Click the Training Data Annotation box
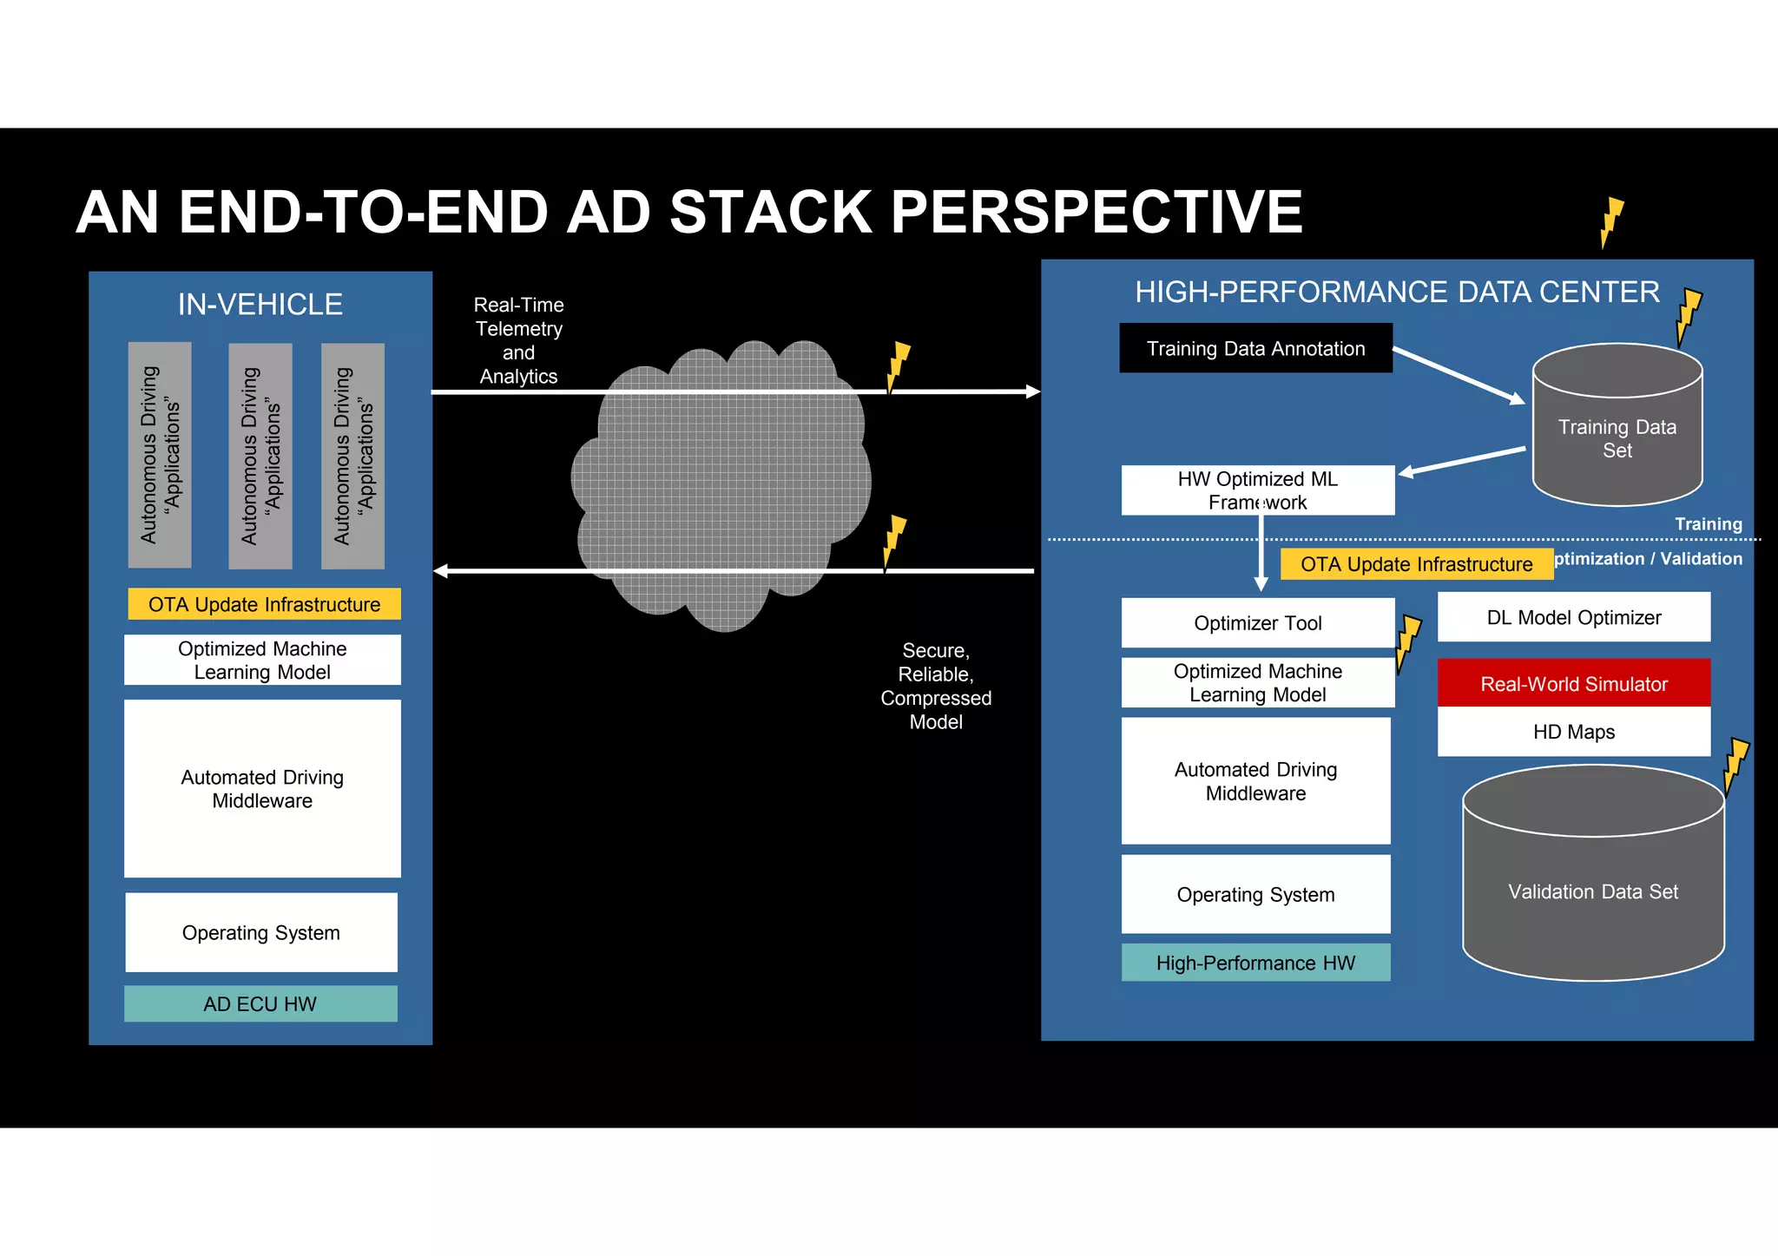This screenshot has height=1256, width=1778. click(1255, 348)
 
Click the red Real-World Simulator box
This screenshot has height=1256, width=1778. click(1573, 683)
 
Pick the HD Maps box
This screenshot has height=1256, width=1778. click(1573, 732)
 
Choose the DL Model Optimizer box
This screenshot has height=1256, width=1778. click(1573, 617)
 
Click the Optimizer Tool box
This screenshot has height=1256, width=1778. click(1257, 622)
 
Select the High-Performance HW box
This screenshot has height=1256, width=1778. click(1255, 963)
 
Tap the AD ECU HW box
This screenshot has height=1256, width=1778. click(260, 1003)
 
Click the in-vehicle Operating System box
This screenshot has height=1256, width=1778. click(260, 932)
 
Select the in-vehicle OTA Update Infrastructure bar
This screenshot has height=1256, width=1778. click(264, 604)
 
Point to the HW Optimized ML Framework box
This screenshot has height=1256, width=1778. click(1257, 490)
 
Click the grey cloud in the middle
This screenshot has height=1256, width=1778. click(721, 486)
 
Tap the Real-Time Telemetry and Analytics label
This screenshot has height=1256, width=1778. click(518, 340)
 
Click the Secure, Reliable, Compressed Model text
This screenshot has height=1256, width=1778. click(935, 686)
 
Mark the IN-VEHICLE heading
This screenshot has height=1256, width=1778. click(260, 305)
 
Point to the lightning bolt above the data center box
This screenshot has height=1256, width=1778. click(1610, 222)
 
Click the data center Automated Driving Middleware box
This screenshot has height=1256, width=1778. click(1255, 780)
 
